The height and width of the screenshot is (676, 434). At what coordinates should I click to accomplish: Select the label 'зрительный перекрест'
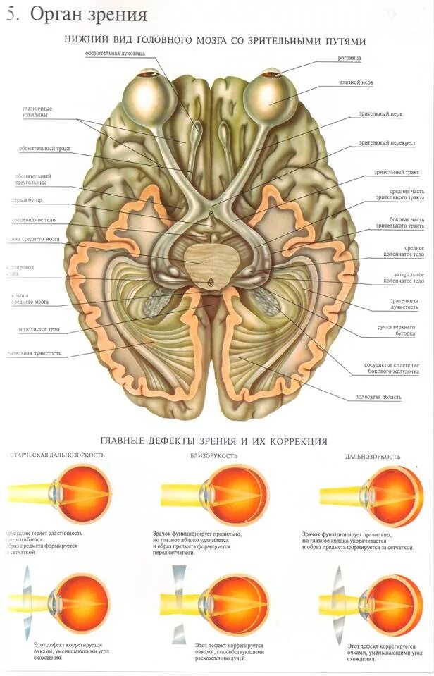click(387, 142)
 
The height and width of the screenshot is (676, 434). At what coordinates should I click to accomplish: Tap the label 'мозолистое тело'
click(39, 329)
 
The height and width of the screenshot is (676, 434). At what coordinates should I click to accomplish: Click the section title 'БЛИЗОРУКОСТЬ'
click(213, 456)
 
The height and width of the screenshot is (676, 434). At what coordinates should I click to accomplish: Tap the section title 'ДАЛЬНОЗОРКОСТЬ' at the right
click(372, 457)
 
